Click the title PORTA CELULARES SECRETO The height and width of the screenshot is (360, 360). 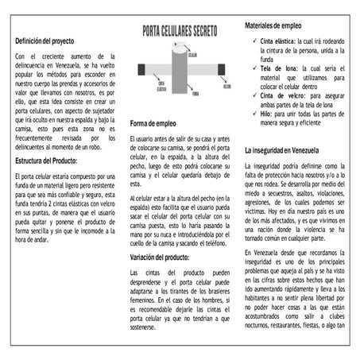[x=180, y=32]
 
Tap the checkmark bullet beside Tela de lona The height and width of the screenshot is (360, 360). [x=252, y=69]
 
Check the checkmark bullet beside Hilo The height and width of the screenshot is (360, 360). [x=252, y=115]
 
